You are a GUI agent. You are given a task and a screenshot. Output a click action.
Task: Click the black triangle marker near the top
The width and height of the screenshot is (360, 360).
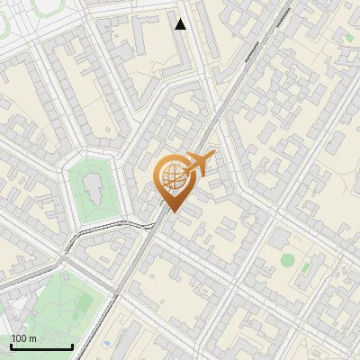pyautogui.click(x=181, y=24)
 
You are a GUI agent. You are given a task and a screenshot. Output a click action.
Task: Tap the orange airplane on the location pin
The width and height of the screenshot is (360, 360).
pyautogui.click(x=200, y=165)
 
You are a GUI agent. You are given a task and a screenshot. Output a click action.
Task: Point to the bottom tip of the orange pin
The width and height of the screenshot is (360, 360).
pyautogui.click(x=171, y=212)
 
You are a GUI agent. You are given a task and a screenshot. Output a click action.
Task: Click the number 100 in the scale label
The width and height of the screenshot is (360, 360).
pyautogui.click(x=19, y=338)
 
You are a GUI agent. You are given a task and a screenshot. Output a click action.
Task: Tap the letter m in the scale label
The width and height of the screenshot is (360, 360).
pyautogui.click(x=32, y=338)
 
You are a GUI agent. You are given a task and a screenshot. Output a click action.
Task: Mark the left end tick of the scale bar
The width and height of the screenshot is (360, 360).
pyautogui.click(x=11, y=346)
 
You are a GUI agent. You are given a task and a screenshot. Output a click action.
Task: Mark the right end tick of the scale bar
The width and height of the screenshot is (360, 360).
pyautogui.click(x=72, y=346)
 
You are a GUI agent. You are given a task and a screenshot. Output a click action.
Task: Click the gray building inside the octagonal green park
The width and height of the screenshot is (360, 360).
pyautogui.click(x=91, y=186)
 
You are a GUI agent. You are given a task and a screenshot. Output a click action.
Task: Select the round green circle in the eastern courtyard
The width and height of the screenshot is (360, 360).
pyautogui.click(x=287, y=260)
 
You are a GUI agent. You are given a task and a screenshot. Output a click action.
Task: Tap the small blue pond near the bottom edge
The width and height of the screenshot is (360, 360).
pyautogui.click(x=107, y=343)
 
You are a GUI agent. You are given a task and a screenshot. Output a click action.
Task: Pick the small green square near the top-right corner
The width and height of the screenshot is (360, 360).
pyautogui.click(x=349, y=37)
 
